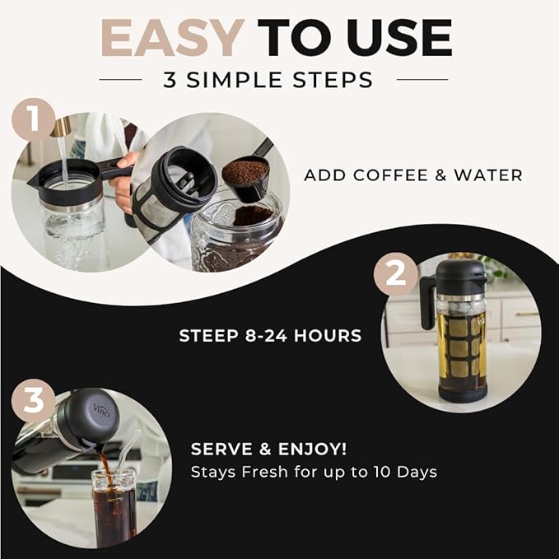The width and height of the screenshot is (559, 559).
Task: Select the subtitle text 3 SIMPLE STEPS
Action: coord(279,80)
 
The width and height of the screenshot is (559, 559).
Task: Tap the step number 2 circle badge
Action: coord(396,273)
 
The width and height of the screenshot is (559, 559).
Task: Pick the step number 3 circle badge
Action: coord(33,403)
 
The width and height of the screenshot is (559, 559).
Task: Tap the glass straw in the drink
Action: coord(130,457)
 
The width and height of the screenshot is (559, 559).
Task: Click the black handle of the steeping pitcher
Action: coord(427,303)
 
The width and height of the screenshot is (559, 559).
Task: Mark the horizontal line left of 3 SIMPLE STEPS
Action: coord(120,80)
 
